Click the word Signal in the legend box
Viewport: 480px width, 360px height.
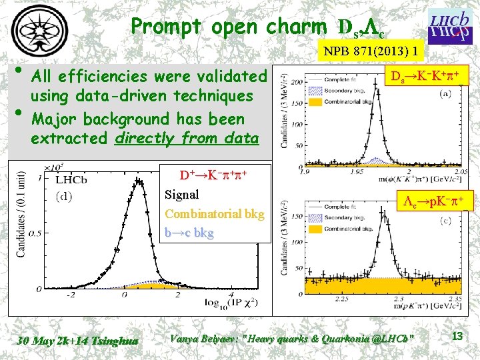(181, 195)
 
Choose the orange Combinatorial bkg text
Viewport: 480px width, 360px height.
(214, 214)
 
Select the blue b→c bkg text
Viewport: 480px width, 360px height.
(189, 233)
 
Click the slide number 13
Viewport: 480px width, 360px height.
(457, 337)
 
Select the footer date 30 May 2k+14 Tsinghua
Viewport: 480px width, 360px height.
(78, 340)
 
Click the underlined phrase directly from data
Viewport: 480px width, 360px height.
(187, 139)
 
